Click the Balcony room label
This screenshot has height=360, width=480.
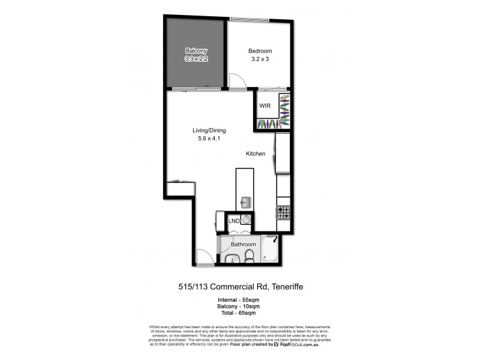[x=196, y=50]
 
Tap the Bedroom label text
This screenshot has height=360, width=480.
[x=260, y=51]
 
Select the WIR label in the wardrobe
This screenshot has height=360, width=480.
[x=265, y=106]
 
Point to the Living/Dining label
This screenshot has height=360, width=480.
[x=209, y=130]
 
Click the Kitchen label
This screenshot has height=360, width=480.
[x=255, y=154]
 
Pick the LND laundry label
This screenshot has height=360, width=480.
[x=234, y=221]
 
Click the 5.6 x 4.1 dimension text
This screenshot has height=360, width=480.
[x=209, y=139]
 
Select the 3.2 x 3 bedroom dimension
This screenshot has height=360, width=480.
[x=260, y=59]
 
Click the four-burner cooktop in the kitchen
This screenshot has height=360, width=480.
[x=283, y=212]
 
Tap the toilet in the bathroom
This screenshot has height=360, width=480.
[x=249, y=257]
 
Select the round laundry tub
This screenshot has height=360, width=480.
[x=247, y=220]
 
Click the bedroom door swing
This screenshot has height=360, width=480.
[x=236, y=80]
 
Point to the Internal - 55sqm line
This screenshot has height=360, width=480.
[x=239, y=299]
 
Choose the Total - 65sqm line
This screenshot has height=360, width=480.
[x=239, y=313]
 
